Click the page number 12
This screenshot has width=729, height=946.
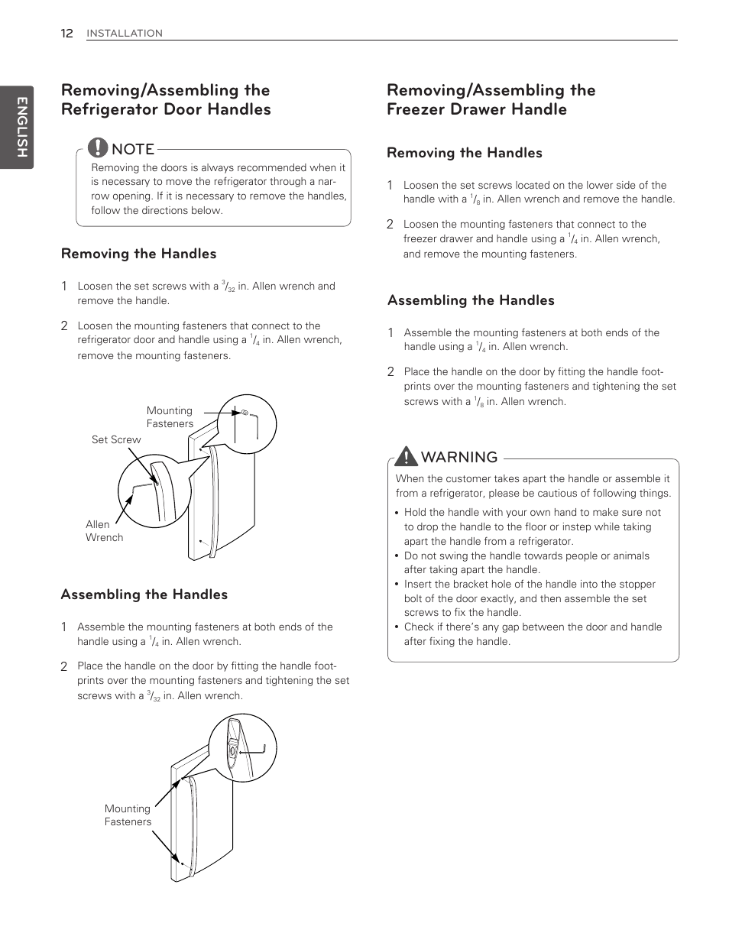[66, 33]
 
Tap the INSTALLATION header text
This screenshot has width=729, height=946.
[124, 34]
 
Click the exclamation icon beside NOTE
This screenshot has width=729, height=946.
[98, 147]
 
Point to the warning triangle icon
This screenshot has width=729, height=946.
[407, 456]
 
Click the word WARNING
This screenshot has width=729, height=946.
[459, 457]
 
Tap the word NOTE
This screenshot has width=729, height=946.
[133, 149]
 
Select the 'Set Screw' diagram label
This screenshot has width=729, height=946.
[116, 439]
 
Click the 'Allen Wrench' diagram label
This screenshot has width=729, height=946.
[104, 531]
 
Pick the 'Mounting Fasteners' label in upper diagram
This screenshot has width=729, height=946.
[170, 417]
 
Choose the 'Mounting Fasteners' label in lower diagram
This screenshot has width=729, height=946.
[128, 815]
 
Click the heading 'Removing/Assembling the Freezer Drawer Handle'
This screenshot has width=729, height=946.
[491, 100]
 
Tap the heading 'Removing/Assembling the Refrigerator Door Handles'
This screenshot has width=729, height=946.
[166, 100]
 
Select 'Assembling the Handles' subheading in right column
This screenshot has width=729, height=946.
[471, 300]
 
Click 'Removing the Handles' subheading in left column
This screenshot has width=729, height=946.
[138, 254]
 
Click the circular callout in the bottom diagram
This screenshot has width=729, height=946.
[242, 747]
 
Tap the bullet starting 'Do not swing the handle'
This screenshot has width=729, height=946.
[526, 562]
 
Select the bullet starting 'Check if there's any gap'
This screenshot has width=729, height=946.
[533, 634]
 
